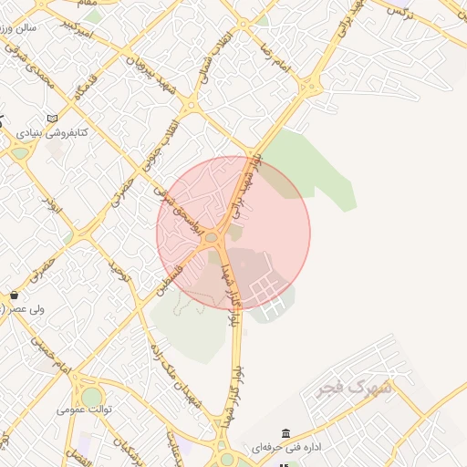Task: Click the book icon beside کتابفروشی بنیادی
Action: (53, 119)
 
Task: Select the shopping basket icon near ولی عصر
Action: (15, 296)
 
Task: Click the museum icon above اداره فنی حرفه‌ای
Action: (286, 432)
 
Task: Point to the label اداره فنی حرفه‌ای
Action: (297, 448)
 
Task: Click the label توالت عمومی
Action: (85, 410)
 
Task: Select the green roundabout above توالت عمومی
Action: (91, 397)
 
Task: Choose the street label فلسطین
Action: (169, 275)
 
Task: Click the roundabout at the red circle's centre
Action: (212, 237)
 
